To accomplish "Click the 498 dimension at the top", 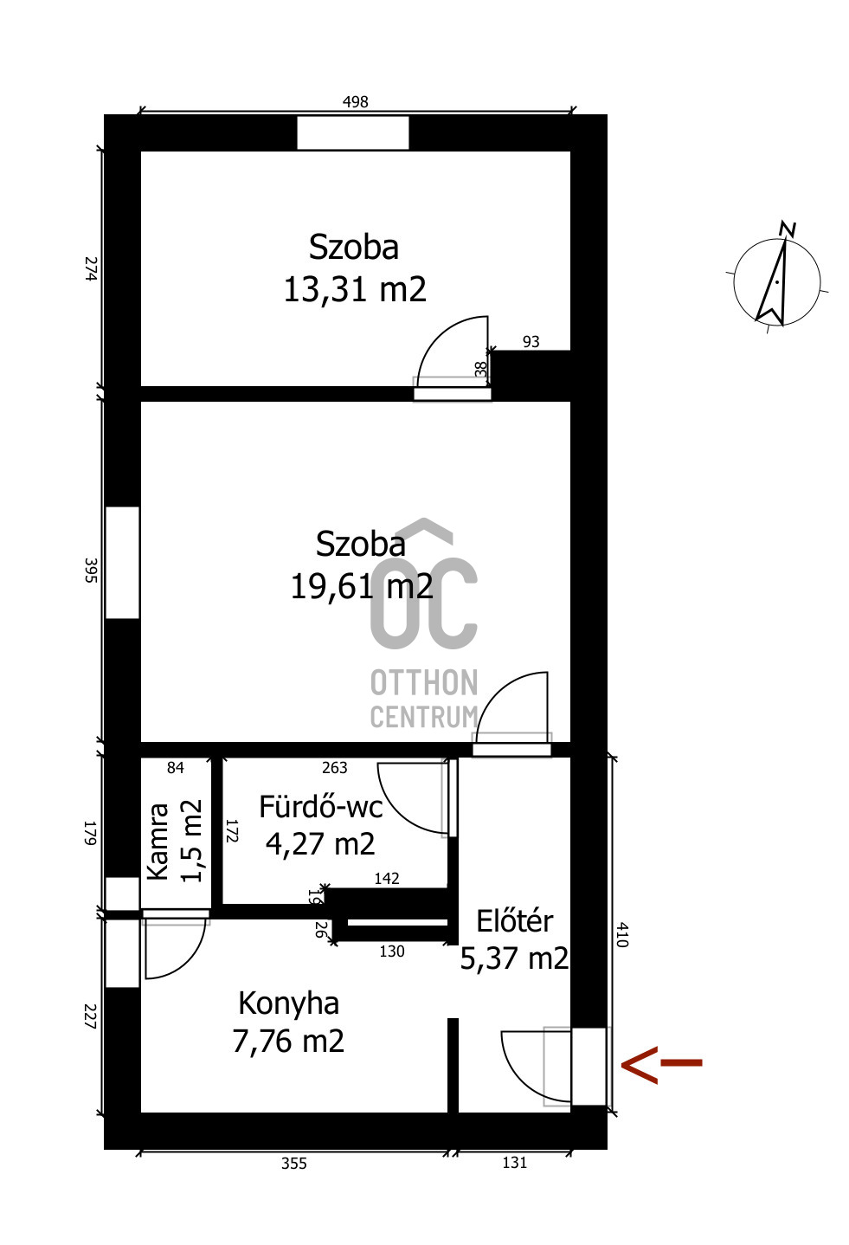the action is [x=355, y=101].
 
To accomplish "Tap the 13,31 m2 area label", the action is [x=355, y=289].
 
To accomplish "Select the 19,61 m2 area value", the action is [x=362, y=586].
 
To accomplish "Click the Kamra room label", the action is [x=158, y=842].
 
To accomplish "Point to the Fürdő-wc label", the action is [x=320, y=807].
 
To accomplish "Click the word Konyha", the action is [x=288, y=1003].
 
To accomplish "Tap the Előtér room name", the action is [x=515, y=921].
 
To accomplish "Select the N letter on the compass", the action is [x=788, y=229].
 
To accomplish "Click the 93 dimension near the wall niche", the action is [x=531, y=342].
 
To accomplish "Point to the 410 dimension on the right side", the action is [x=622, y=935].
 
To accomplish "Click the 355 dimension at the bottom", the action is [x=293, y=1164].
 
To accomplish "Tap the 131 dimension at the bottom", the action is [x=515, y=1162].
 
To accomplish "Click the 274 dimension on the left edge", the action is [x=91, y=268].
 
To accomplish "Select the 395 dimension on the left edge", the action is [x=91, y=571].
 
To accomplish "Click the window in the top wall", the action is [x=353, y=132].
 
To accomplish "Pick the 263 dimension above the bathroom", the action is [x=334, y=768].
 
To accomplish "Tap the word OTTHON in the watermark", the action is [x=424, y=682].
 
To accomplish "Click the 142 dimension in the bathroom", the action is [x=387, y=878].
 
